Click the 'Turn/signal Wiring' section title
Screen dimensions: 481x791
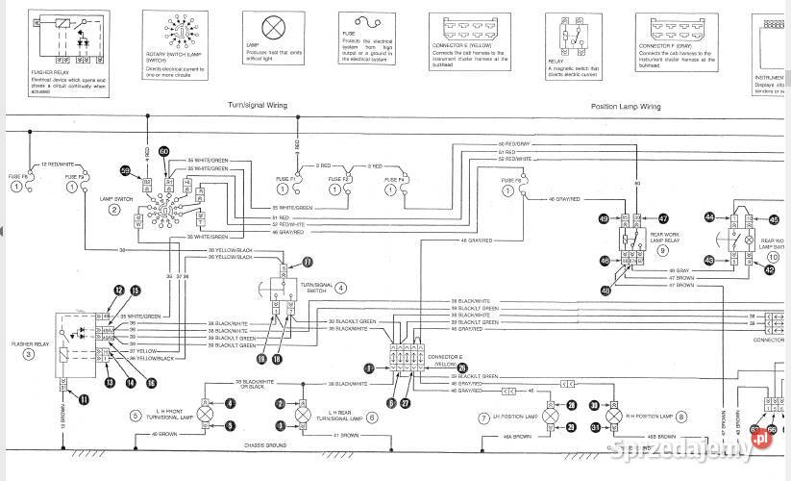pos(257,105)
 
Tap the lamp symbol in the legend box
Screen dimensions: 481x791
pos(271,27)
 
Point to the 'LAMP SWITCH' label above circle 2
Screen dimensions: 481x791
pos(114,198)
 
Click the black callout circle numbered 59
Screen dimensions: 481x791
pos(125,170)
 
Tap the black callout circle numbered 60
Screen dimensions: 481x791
pos(163,152)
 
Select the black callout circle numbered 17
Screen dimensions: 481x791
pos(308,262)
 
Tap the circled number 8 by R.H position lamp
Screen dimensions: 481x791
pos(680,417)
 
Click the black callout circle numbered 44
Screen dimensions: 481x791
pos(709,218)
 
